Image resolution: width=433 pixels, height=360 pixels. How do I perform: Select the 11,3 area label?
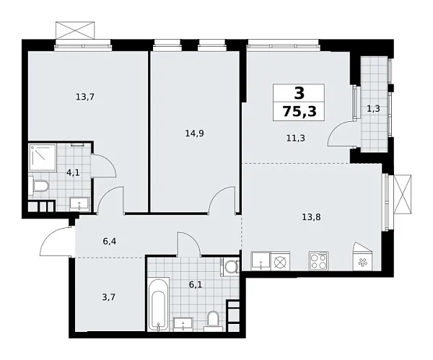pos(295,139)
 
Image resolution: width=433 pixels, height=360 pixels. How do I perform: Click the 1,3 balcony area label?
pos(374,110)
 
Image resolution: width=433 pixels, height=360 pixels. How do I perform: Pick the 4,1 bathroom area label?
pos(73,174)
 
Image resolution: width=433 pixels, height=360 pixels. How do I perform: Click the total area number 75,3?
pos(298,110)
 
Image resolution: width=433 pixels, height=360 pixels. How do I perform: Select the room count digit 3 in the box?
pos(298,92)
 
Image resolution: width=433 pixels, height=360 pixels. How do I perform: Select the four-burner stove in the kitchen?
pos(318,261)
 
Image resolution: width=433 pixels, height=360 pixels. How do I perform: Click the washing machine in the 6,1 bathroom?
pos(231,267)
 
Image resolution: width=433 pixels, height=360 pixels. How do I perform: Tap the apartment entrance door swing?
pos(56,240)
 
